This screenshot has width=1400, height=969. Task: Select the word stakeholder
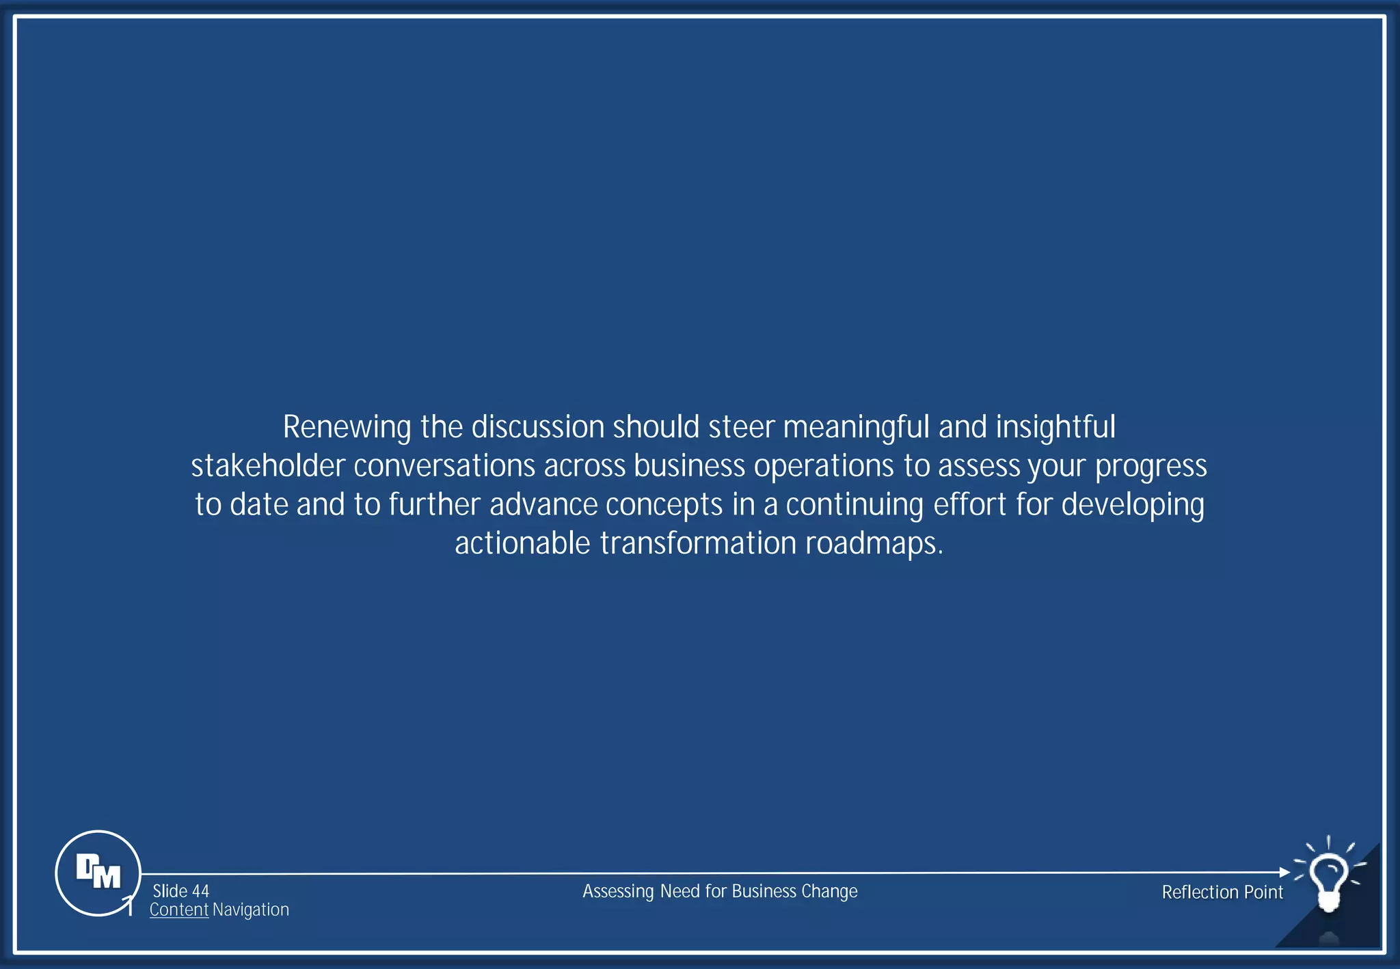click(x=268, y=466)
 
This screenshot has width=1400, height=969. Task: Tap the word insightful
click(x=1055, y=428)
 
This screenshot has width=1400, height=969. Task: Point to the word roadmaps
click(x=874, y=544)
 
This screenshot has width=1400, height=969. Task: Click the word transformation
click(x=698, y=544)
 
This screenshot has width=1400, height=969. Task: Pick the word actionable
click(x=522, y=544)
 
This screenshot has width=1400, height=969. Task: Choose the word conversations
click(x=444, y=466)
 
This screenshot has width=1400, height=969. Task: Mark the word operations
click(x=824, y=466)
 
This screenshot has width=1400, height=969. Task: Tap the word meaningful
click(x=857, y=428)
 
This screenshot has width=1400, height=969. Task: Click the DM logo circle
click(x=98, y=873)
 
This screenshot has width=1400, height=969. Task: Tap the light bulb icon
click(x=1328, y=878)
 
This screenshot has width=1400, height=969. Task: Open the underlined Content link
click(x=179, y=910)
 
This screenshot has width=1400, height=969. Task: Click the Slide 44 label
click(x=180, y=891)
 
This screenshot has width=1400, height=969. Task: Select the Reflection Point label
click(x=1222, y=892)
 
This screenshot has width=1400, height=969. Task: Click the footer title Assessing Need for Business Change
click(x=720, y=891)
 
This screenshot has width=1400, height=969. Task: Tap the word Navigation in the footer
click(x=251, y=910)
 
